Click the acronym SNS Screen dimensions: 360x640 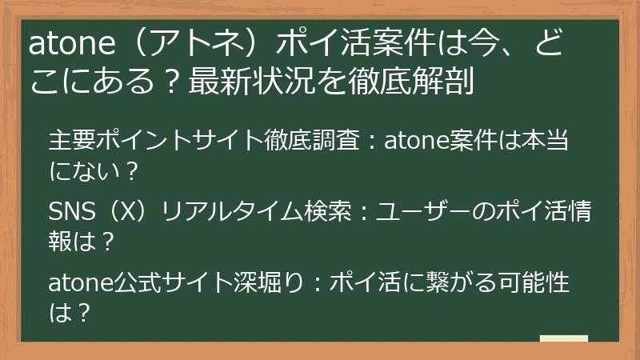(x=69, y=212)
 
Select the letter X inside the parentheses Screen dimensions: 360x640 (x=126, y=212)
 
